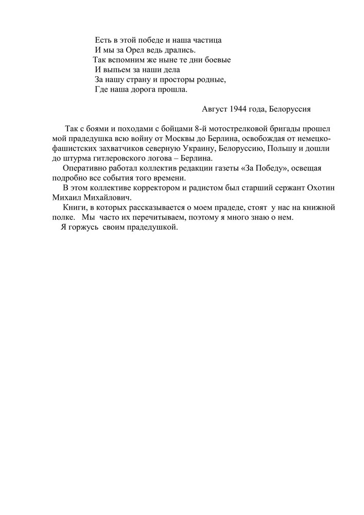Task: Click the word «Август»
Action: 215,109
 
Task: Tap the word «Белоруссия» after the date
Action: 291,109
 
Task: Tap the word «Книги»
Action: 74,208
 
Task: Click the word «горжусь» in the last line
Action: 84,228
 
